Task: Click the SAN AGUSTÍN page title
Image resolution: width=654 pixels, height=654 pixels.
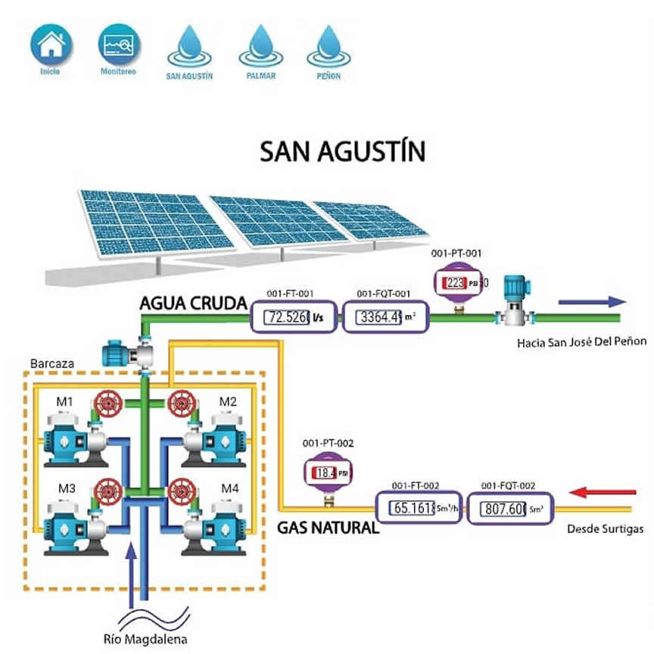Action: pyautogui.click(x=342, y=151)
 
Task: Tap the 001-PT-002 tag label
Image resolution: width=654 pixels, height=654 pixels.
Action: pyautogui.click(x=328, y=444)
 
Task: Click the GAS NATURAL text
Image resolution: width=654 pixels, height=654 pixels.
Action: pyautogui.click(x=327, y=527)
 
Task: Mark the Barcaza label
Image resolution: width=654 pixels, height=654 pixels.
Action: pyautogui.click(x=52, y=364)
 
